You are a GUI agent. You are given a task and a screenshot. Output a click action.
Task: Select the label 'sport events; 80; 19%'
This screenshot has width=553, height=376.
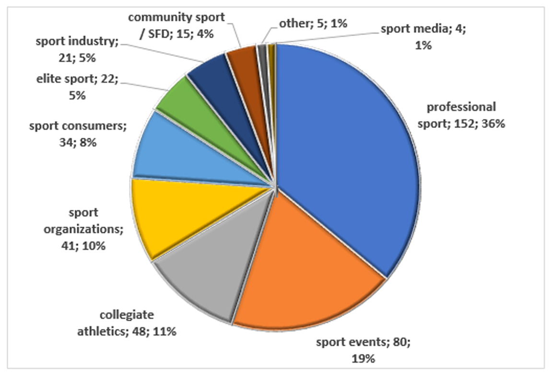click(x=363, y=350)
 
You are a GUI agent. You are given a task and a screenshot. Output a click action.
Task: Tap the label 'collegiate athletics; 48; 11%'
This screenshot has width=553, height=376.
click(x=127, y=323)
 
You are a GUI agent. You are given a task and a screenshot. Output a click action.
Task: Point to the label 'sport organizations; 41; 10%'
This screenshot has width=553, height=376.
click(x=83, y=229)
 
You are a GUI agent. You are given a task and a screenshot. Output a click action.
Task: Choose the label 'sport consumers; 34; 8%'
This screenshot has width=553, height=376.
click(x=77, y=135)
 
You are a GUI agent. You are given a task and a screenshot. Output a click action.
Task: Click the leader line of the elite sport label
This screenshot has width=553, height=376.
click(x=144, y=86)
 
